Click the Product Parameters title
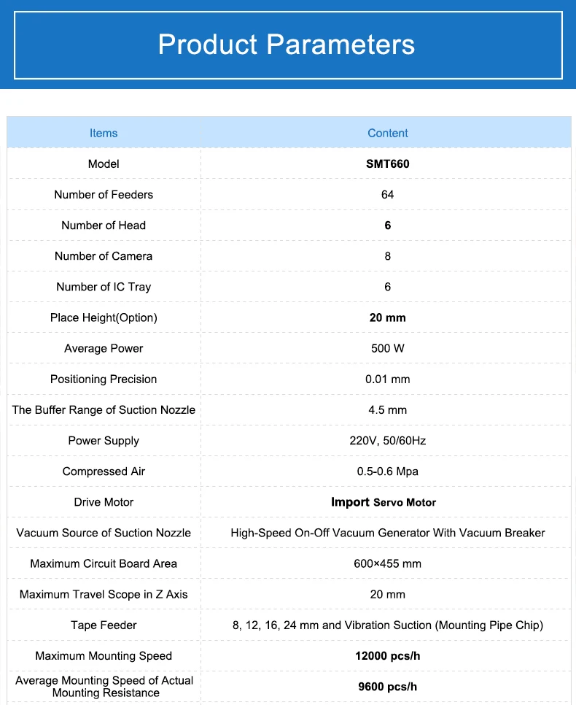coord(287,45)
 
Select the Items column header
coord(104,133)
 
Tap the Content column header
coord(387,133)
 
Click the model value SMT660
coord(387,163)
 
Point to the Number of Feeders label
coord(104,194)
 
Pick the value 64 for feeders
coord(387,194)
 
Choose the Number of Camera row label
coord(104,256)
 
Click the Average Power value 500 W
coord(387,348)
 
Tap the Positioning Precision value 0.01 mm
coord(387,379)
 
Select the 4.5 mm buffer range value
coord(387,409)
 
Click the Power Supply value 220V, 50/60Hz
coord(387,440)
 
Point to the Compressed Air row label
coord(104,471)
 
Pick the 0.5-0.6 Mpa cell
coord(387,471)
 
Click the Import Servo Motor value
coord(384,502)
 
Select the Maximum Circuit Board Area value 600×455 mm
coord(387,563)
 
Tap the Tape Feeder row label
coord(104,625)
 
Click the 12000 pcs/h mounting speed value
coord(387,655)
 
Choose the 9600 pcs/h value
coord(387,686)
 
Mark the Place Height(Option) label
coord(104,317)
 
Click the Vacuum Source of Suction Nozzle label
coord(104,533)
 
